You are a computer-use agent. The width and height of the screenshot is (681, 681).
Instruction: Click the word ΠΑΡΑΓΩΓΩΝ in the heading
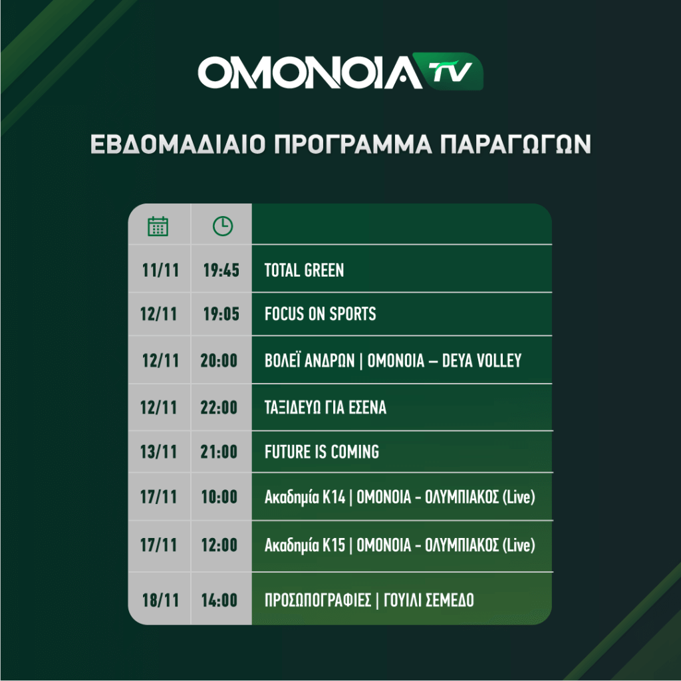pos(515,144)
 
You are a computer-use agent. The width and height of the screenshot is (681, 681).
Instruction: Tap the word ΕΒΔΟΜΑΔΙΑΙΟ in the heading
pos(178,144)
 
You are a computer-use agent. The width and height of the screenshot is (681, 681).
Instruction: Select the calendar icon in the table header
pos(158,226)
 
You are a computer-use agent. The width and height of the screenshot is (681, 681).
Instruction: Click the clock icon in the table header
pos(223,226)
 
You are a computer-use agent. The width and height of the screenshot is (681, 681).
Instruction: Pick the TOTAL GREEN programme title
pos(304,270)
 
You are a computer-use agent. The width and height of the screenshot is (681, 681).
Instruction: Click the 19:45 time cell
pos(221,270)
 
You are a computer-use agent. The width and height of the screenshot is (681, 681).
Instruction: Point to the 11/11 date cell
pos(160,270)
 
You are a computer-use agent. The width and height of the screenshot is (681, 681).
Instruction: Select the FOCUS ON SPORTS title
pos(320,314)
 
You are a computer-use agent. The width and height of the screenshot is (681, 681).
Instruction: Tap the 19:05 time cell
pos(221,314)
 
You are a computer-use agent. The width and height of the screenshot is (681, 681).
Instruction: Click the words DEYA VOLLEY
pos(481,360)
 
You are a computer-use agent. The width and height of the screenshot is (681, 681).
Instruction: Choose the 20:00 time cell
pos(219,360)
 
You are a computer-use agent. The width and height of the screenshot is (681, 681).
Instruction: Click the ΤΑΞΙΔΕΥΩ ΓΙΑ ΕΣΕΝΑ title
pos(325,408)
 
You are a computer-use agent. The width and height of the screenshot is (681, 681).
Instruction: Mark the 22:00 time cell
pos(219,408)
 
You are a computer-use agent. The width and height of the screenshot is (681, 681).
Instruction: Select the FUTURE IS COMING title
pos(322,452)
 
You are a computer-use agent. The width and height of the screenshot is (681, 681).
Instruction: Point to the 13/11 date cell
pos(158,452)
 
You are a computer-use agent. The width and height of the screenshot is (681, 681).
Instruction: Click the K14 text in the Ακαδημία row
pos(334,497)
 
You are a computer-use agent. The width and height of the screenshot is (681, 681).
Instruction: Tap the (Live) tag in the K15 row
pos(519,545)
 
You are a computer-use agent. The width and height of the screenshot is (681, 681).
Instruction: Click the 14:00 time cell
pos(219,601)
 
